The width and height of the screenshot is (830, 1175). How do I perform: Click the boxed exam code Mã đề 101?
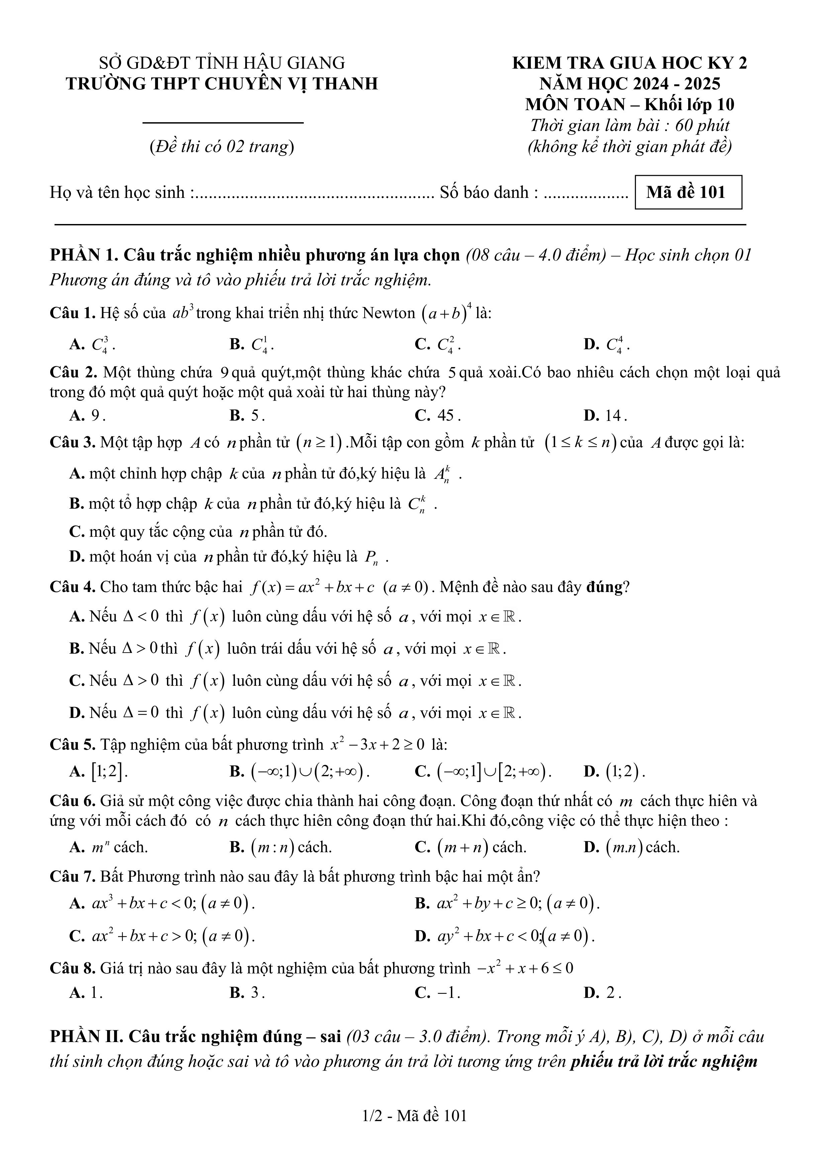click(x=688, y=193)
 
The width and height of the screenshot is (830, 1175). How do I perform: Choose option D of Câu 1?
click(x=607, y=345)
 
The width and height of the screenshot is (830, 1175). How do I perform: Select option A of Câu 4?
click(x=295, y=617)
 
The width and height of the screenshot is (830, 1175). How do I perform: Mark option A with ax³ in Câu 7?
click(x=162, y=904)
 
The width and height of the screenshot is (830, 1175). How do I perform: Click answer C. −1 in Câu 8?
click(x=438, y=993)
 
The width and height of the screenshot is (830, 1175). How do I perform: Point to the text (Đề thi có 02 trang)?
click(x=222, y=147)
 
